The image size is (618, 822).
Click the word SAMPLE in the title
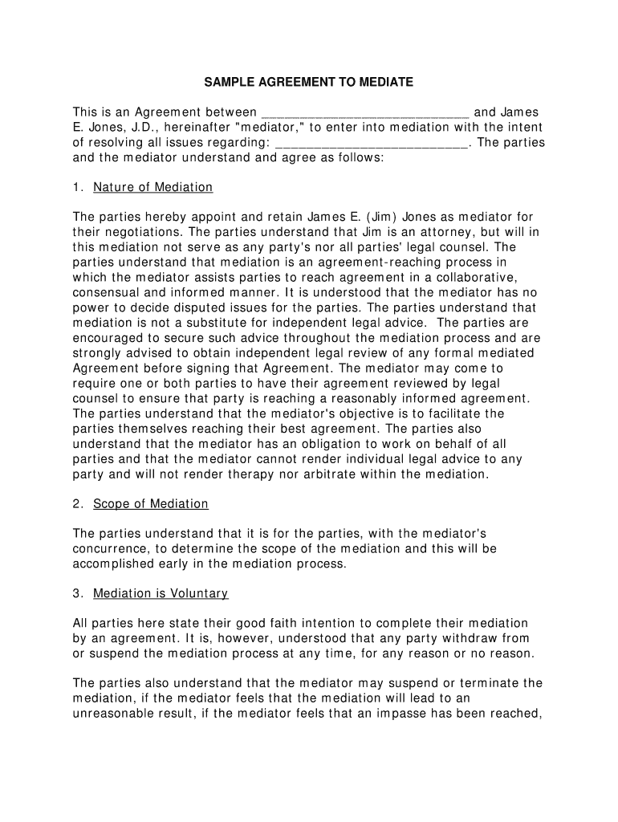coord(227,82)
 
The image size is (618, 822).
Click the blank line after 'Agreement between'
coord(365,112)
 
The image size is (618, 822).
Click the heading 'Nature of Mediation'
coord(152,188)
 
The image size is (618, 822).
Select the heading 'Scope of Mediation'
coord(150,504)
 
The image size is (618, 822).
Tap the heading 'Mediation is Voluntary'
coord(161,594)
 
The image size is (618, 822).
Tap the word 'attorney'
coord(434,233)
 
